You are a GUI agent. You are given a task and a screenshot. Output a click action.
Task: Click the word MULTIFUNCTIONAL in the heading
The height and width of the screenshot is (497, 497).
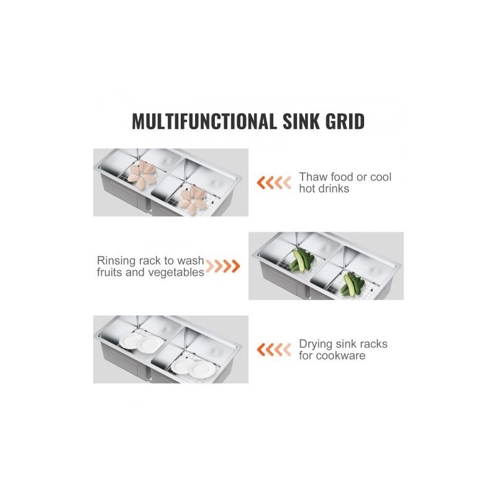click(x=204, y=121)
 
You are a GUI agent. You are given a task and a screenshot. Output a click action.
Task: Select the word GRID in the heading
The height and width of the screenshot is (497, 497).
click(x=345, y=121)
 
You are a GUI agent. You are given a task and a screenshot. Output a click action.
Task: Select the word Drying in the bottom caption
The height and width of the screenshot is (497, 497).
click(x=316, y=344)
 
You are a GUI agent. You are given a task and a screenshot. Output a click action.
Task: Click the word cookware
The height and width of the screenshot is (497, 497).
click(x=340, y=355)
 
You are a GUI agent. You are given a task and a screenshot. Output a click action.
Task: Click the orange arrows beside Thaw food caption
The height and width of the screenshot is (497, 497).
click(x=274, y=183)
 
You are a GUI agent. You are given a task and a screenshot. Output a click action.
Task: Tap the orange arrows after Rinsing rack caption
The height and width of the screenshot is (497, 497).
click(x=223, y=267)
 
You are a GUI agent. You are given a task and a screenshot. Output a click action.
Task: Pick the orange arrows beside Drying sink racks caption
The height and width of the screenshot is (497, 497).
click(x=274, y=350)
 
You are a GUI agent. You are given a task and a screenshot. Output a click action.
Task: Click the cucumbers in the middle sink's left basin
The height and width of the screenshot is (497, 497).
click(x=301, y=260)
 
